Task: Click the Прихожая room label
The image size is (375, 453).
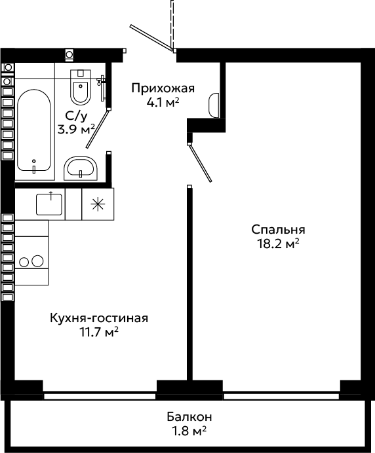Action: (163, 88)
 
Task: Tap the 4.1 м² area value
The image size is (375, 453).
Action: (163, 102)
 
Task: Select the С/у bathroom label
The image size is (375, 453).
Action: (76, 116)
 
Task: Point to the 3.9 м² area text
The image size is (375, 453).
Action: (77, 129)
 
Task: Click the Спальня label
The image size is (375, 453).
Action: (278, 230)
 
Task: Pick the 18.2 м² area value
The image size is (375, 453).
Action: (278, 244)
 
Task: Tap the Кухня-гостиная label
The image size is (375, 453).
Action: (99, 318)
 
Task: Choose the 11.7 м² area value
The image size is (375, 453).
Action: (99, 332)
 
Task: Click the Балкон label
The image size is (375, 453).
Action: (189, 417)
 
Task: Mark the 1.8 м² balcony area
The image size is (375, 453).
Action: (189, 431)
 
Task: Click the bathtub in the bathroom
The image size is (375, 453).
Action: (34, 130)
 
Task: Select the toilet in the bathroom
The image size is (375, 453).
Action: (81, 87)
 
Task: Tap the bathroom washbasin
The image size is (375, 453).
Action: (81, 169)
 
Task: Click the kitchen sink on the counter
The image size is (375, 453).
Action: (49, 204)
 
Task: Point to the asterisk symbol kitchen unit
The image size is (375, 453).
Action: (98, 204)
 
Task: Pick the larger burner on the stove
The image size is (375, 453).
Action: (37, 261)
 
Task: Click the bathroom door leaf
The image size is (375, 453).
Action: (98, 129)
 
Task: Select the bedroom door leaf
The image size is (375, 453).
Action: (200, 163)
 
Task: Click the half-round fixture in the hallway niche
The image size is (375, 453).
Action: (214, 105)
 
